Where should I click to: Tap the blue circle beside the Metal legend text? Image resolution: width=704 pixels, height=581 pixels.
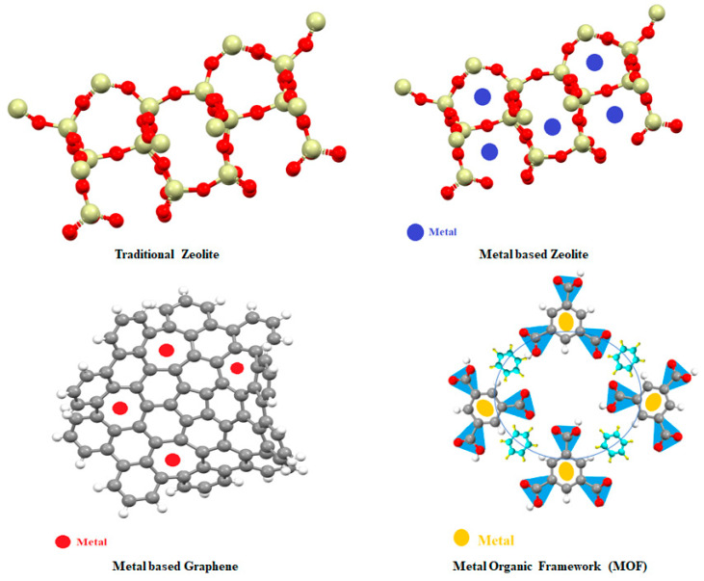416,231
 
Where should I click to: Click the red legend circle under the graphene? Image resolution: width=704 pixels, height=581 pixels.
63,541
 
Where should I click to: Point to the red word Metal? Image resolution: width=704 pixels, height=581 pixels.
92,541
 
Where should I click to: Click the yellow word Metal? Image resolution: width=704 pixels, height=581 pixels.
496,539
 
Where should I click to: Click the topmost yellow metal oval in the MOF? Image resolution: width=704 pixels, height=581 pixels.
566,318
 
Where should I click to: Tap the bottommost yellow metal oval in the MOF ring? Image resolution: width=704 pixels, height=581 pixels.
566,472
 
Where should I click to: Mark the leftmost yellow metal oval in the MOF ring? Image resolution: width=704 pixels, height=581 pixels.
486,408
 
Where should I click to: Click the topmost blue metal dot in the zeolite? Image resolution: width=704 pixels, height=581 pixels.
595,62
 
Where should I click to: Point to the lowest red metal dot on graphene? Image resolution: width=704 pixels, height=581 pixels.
172,460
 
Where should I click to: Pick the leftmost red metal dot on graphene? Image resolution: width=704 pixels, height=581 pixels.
120,408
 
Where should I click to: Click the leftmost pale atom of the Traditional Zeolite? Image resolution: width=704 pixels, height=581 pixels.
15,105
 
